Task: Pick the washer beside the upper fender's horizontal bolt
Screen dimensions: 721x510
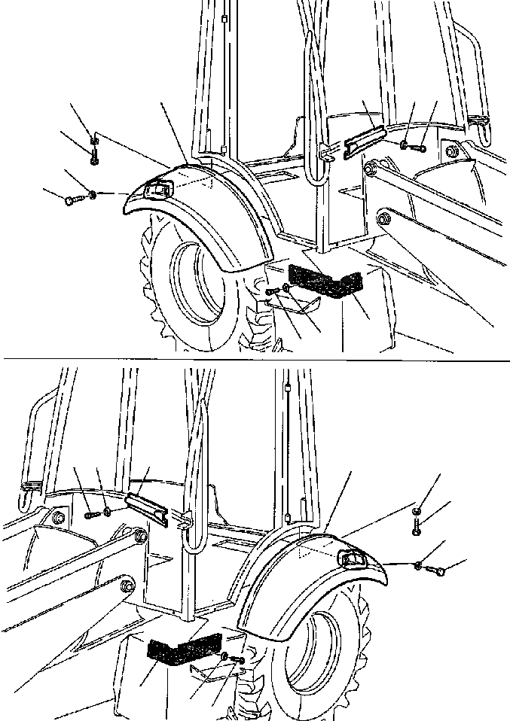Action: (x=91, y=196)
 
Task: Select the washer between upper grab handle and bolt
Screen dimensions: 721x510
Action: (x=405, y=145)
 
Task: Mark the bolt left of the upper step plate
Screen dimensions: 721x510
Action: (x=273, y=291)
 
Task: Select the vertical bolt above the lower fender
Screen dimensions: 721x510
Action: (x=416, y=527)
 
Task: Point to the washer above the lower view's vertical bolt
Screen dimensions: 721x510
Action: (x=416, y=512)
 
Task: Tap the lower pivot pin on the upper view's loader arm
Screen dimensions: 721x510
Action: (x=383, y=219)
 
